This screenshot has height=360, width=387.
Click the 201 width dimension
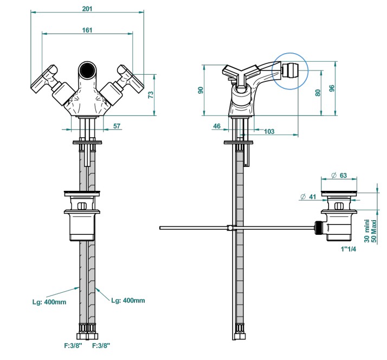point(87,9)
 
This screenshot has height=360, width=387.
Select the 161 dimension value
point(87,30)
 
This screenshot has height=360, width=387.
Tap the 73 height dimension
point(151,94)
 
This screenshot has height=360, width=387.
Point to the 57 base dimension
point(117,126)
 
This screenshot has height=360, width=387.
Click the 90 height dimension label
point(201,90)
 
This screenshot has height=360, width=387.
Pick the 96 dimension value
point(332,88)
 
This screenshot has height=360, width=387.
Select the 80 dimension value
point(318,93)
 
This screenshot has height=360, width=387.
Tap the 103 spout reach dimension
point(269,131)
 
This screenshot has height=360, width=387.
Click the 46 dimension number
point(217,126)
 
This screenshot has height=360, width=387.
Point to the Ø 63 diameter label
point(339,175)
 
